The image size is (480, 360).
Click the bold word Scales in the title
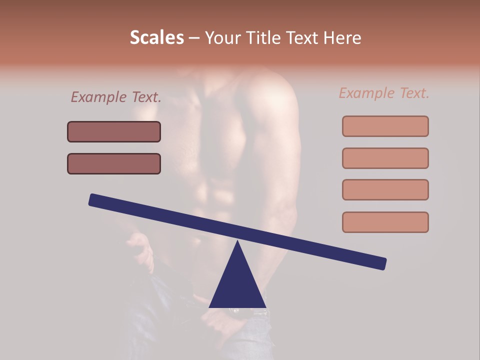(156, 38)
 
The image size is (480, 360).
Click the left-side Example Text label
(116, 97)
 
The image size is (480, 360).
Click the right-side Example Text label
(384, 93)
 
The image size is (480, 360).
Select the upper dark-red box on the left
(114, 132)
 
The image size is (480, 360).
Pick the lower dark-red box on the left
(114, 164)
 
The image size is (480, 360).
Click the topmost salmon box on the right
(385, 126)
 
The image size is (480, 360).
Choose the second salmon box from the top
(385, 158)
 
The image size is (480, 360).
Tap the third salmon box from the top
(385, 189)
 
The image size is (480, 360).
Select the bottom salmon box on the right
(385, 222)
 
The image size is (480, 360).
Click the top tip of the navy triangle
(237, 242)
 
